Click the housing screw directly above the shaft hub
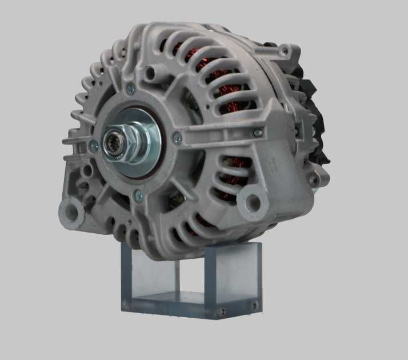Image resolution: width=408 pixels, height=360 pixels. (x=131, y=88)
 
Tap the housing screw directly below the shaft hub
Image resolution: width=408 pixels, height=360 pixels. (x=137, y=195)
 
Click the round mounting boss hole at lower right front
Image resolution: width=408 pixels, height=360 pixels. (x=250, y=201)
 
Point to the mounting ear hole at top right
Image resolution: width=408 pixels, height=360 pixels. (x=283, y=51)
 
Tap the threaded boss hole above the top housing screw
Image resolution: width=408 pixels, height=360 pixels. (x=151, y=73)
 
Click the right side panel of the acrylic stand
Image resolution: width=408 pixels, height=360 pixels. (x=240, y=274)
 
